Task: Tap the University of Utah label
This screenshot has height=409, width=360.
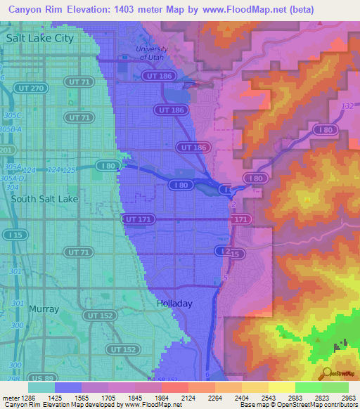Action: point(153,53)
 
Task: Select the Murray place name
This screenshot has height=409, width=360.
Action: point(44,309)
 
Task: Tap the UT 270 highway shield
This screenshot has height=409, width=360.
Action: point(28,89)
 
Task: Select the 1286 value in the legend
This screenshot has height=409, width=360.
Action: point(27,397)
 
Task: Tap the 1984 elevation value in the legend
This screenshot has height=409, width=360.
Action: point(161,397)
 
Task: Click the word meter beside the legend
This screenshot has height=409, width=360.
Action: point(9,397)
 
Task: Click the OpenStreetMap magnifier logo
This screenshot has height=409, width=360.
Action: point(326,374)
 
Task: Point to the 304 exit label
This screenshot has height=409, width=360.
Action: point(10,188)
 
